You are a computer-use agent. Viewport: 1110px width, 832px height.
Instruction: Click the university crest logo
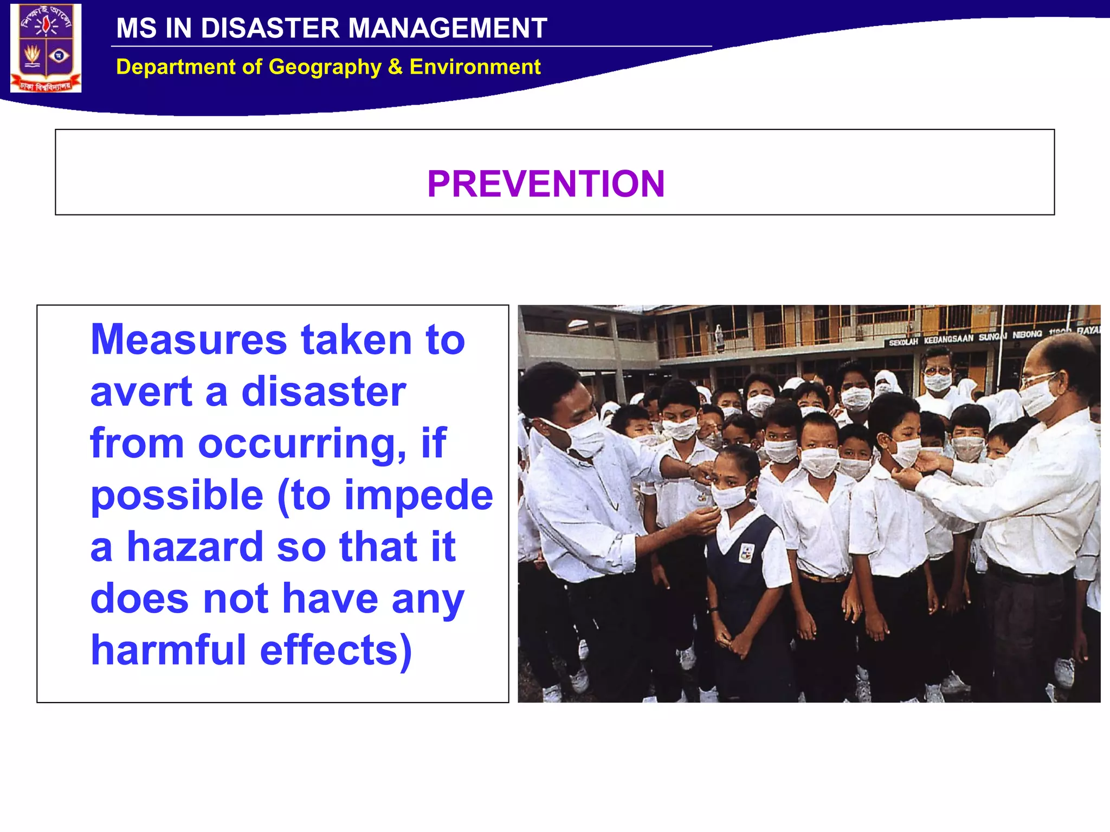(46, 48)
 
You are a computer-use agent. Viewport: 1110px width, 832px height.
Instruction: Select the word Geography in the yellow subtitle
(325, 67)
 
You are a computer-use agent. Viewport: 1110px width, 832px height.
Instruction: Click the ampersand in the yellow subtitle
(395, 67)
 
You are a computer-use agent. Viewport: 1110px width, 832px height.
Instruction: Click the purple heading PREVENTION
(546, 184)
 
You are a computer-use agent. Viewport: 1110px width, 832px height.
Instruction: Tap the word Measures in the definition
(189, 340)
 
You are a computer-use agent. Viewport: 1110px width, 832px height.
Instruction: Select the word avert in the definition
(141, 391)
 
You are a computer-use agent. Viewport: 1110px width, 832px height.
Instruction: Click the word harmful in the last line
(168, 650)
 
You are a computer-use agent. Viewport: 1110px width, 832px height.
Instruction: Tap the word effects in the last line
(335, 650)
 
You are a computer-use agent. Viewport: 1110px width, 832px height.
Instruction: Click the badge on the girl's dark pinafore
(746, 552)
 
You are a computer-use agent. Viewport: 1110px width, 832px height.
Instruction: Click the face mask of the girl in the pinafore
(730, 496)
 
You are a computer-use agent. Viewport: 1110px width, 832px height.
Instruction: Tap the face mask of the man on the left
(586, 437)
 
